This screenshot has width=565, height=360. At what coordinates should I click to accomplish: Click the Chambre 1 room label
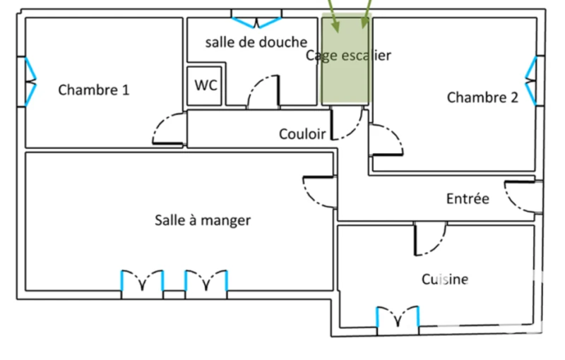94,90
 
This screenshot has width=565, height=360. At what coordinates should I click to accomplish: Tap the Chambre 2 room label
482,97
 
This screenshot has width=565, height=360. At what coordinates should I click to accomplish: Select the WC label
206,85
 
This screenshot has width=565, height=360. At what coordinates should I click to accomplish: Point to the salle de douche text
256,42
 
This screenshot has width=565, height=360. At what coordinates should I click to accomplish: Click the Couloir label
302,134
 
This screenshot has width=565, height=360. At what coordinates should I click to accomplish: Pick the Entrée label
468,198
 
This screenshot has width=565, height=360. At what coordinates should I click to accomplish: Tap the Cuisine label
445,280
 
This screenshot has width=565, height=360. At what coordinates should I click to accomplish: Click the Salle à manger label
203,220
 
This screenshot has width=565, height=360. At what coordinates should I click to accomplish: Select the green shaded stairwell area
345,59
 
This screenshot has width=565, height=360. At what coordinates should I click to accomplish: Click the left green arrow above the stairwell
333,16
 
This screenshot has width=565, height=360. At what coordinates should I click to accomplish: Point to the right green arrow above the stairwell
367,14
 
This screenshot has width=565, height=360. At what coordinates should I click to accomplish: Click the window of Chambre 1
30,82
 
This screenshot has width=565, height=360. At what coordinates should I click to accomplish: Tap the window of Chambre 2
531,81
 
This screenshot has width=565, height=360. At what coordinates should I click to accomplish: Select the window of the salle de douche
256,23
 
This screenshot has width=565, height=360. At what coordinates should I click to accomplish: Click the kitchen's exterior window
398,316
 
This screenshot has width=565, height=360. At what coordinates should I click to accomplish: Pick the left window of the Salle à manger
143,280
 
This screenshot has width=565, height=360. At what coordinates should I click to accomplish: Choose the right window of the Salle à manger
206,280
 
